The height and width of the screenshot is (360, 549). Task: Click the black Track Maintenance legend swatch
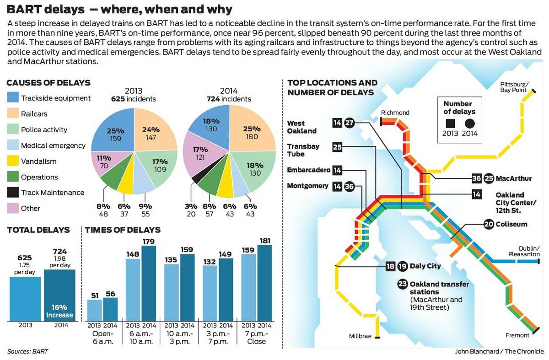coord(13,193)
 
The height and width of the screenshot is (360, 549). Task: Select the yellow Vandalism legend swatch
coord(13,161)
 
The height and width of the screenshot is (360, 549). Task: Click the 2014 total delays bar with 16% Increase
coord(59,295)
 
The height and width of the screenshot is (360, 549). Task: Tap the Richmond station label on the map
coord(395,113)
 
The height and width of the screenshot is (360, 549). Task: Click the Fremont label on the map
coord(517,335)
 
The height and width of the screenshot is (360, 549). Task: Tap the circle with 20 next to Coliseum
coord(489,224)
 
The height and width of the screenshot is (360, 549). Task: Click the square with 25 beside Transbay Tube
coord(338,147)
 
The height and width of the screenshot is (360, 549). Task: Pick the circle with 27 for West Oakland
coord(350,123)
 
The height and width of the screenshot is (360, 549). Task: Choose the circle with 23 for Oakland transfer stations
coord(403,284)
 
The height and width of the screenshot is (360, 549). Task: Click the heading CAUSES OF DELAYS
coord(48,83)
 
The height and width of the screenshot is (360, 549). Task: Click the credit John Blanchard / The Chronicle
coord(499,351)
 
